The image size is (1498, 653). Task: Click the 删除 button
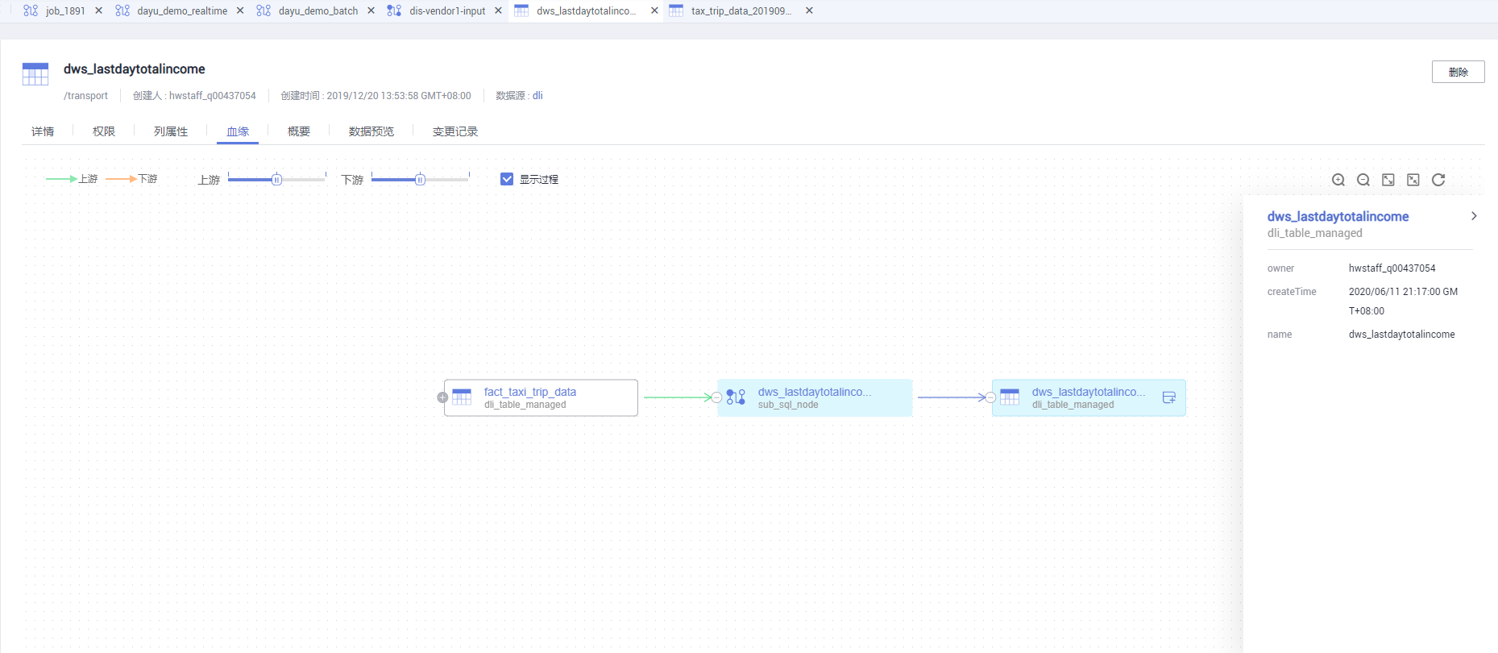(1458, 72)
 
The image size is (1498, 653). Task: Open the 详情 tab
(43, 131)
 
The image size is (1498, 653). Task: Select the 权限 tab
(104, 131)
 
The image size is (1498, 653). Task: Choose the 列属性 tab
(171, 131)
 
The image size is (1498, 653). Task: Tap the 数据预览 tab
(371, 131)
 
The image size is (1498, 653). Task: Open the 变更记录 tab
(455, 131)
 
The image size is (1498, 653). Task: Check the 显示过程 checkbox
(507, 179)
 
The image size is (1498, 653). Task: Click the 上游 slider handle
(276, 179)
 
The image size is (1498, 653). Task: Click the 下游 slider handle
(420, 179)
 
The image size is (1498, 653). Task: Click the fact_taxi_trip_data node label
(530, 392)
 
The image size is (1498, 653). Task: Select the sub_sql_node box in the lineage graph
(815, 397)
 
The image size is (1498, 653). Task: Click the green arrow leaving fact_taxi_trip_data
(678, 397)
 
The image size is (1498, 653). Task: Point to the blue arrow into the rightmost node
(952, 397)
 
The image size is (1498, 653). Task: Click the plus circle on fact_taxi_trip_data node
(442, 397)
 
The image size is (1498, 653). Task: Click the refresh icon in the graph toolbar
(1438, 180)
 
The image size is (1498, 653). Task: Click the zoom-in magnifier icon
(1338, 180)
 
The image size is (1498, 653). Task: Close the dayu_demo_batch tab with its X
(371, 10)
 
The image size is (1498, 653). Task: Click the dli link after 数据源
(537, 95)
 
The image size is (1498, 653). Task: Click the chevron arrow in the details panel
(1474, 216)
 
